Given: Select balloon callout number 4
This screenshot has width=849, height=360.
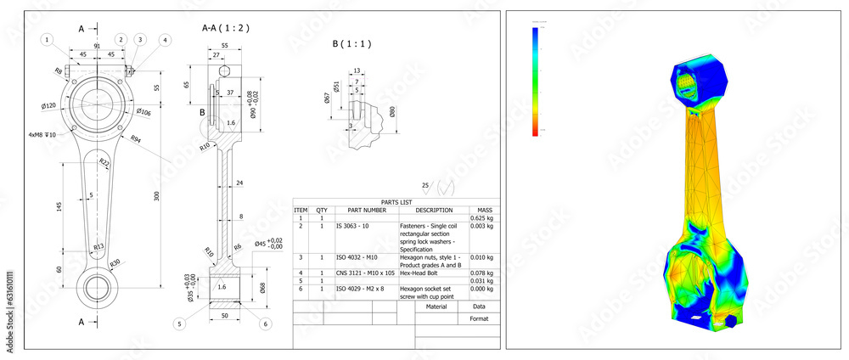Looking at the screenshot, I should [165, 39].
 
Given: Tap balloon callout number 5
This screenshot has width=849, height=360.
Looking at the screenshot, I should [179, 323].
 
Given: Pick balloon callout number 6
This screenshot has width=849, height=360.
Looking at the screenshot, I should [266, 323].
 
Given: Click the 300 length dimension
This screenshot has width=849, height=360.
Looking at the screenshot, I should [155, 195].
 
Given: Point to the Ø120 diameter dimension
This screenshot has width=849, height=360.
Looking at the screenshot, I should [49, 105].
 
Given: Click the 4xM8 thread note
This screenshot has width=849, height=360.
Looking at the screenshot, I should [41, 134].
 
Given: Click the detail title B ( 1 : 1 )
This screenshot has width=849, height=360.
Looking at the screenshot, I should [351, 43].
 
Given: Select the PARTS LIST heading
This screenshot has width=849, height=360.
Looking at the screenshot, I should [396, 202].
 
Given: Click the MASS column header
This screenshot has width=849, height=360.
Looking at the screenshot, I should [484, 210].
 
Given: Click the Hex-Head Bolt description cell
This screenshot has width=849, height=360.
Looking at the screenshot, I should [419, 273].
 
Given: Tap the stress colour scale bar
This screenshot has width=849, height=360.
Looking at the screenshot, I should [535, 81].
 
